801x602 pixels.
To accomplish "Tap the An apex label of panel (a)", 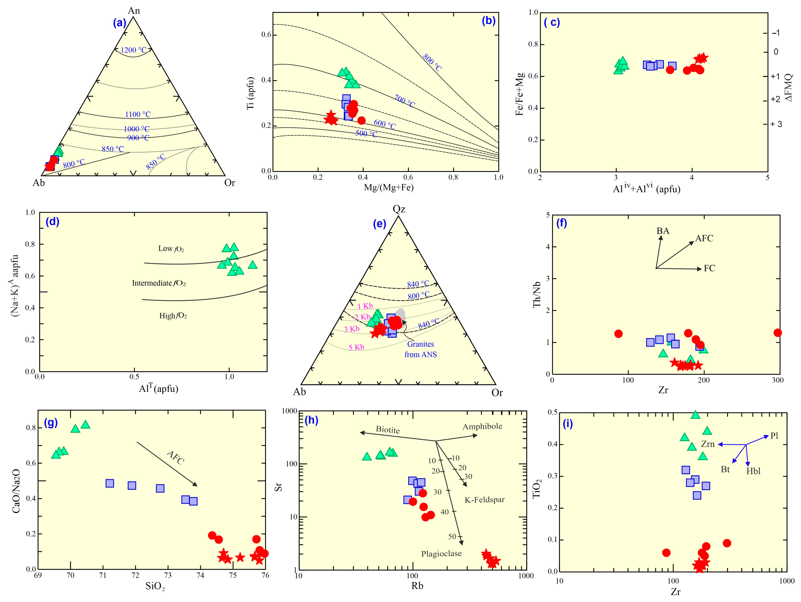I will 134,10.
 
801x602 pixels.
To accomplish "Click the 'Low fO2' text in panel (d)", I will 171,249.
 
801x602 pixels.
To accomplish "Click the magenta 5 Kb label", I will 356,347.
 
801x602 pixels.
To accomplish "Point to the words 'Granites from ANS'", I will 420,349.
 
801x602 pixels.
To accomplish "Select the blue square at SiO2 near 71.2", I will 110,483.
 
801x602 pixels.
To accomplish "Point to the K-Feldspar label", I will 484,500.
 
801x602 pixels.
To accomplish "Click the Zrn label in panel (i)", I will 708,444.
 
